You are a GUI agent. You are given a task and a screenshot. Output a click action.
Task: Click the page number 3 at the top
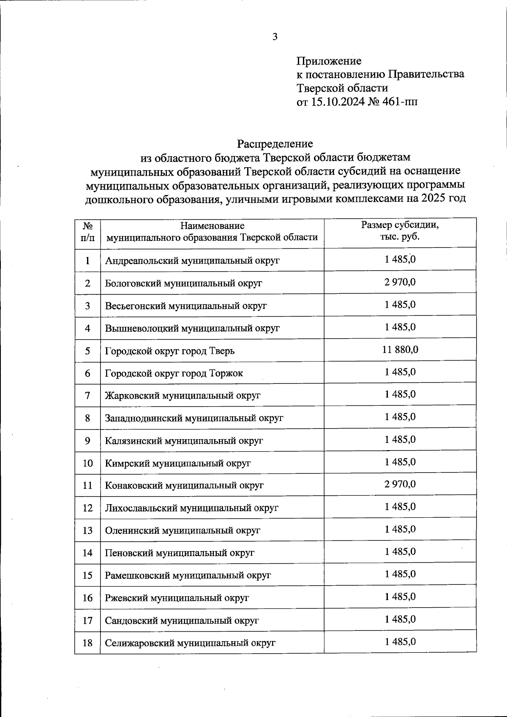click(x=275, y=37)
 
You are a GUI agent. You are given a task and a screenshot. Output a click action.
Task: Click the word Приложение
click(x=329, y=61)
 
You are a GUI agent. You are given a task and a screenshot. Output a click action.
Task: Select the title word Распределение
click(x=275, y=144)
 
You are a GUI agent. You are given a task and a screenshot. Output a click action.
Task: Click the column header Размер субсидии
click(x=400, y=225)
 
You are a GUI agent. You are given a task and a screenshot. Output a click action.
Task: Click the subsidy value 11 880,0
click(x=400, y=350)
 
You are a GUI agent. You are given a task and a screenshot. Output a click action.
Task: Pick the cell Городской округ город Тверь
click(x=169, y=351)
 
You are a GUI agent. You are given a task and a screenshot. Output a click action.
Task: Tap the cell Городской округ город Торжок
click(x=174, y=373)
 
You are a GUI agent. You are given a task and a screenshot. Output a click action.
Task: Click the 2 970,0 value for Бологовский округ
click(x=400, y=282)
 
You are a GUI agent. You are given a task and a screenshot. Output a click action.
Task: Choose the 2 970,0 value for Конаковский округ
click(x=400, y=484)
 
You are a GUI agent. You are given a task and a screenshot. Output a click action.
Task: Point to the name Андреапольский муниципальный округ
click(x=192, y=261)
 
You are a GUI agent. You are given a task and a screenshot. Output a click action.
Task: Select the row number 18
click(x=87, y=643)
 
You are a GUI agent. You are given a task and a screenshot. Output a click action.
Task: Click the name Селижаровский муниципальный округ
click(x=190, y=643)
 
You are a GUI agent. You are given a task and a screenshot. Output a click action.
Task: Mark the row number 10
click(x=87, y=463)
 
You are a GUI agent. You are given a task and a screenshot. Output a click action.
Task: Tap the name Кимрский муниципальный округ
click(x=177, y=463)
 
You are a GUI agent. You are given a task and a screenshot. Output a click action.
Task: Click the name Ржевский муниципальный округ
click(x=177, y=598)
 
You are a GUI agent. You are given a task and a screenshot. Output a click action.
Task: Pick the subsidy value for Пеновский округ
click(x=400, y=551)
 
